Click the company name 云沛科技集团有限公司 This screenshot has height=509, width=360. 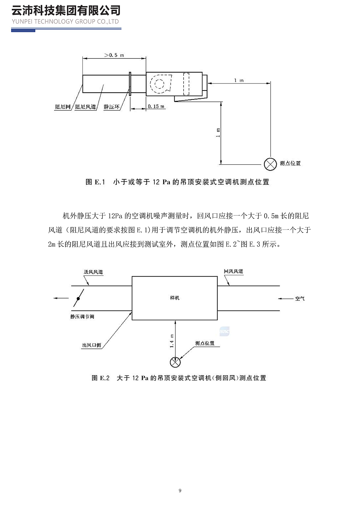66,10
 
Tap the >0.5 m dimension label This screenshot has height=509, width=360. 114,55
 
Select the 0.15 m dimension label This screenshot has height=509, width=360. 156,106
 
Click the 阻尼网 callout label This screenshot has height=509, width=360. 63,107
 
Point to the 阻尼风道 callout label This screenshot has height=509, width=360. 85,107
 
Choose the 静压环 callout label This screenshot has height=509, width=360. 112,107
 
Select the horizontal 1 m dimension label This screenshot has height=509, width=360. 239,80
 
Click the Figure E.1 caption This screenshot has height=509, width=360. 177,182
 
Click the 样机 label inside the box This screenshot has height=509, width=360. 175,298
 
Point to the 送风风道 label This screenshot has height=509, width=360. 93,272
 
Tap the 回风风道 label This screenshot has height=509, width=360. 233,271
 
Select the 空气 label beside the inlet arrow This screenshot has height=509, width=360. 300,299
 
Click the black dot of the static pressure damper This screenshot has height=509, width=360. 78,298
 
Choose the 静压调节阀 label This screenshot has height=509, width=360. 82,317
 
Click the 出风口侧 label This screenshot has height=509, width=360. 92,345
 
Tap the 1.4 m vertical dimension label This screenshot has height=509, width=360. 172,341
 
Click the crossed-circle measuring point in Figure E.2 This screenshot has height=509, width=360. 175,362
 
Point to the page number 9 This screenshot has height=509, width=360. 180,491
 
